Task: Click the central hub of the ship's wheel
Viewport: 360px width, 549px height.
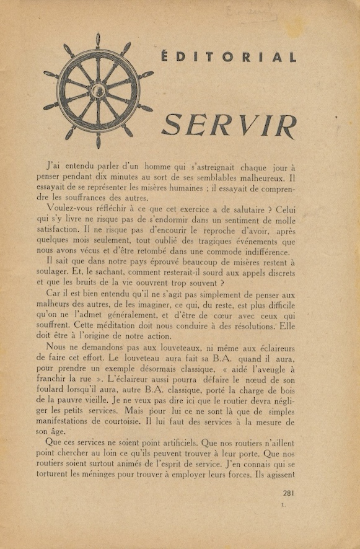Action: pyautogui.click(x=97, y=91)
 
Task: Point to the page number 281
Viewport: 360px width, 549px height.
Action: pyautogui.click(x=288, y=493)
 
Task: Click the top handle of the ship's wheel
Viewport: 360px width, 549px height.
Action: pyautogui.click(x=97, y=41)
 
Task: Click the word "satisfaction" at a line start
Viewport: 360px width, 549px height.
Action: pyautogui.click(x=60, y=231)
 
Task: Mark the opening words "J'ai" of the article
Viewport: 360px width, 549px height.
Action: pyautogui.click(x=57, y=166)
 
